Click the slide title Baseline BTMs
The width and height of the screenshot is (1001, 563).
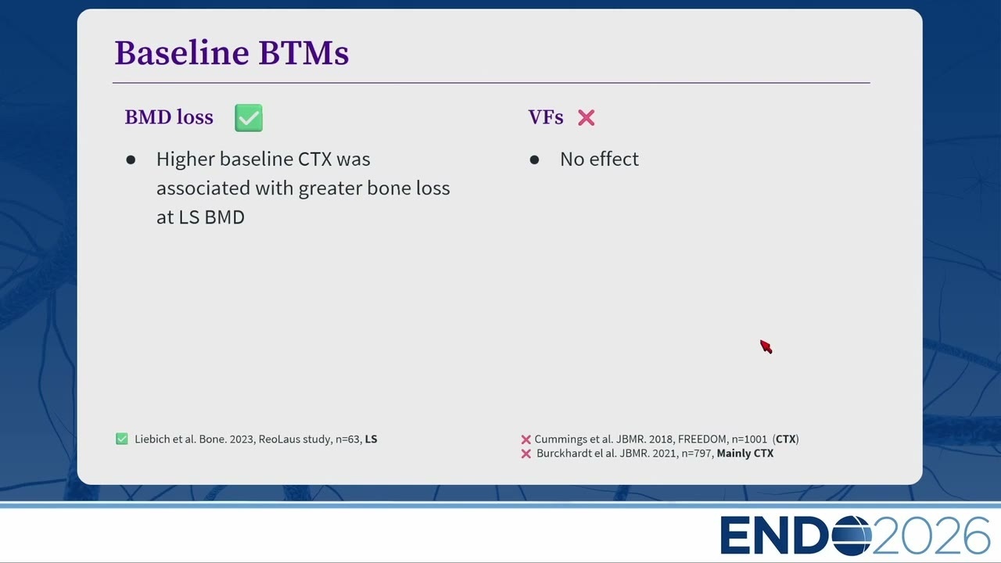(x=231, y=53)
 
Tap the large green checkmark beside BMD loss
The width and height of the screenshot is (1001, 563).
(x=249, y=118)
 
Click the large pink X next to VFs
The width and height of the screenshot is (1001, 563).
(x=586, y=118)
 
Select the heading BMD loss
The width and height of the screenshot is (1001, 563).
(x=169, y=117)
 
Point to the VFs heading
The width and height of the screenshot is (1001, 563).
(x=546, y=117)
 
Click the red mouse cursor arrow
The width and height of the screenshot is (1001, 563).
(x=766, y=346)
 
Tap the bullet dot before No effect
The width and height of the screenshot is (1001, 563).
(x=534, y=160)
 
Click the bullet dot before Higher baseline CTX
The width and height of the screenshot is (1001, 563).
(x=131, y=160)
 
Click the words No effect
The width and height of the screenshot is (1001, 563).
(x=599, y=159)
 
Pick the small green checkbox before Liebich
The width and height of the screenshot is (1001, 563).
(x=121, y=439)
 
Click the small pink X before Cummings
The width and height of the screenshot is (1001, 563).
(x=526, y=439)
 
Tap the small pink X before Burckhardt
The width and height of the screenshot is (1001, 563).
(x=526, y=454)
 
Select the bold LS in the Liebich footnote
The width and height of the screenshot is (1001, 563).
(x=371, y=439)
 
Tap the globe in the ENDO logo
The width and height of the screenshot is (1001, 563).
(x=852, y=536)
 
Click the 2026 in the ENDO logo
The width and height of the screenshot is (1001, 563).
(x=931, y=536)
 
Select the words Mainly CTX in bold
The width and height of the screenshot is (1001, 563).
(x=745, y=454)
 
